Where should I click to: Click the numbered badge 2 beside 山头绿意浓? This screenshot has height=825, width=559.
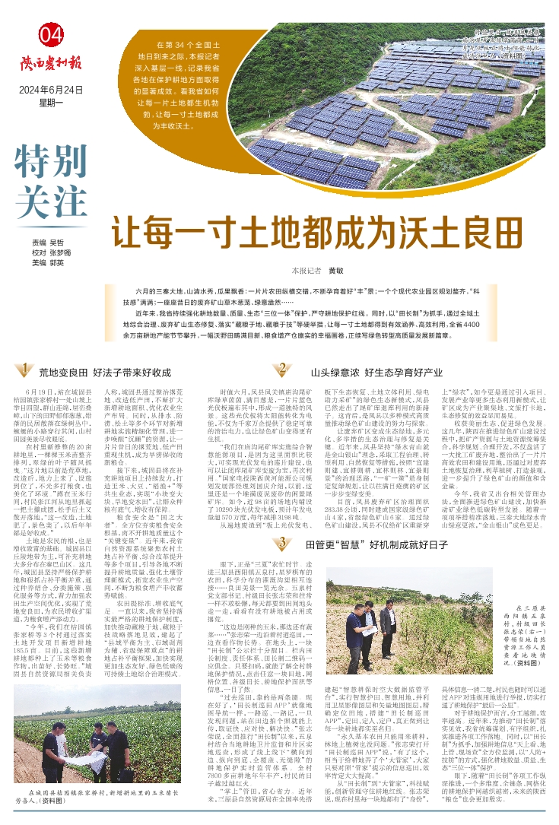coord(281,370)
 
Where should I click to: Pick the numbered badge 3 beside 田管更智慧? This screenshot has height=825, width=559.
coord(281,500)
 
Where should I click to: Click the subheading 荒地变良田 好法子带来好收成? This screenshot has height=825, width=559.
coord(106,373)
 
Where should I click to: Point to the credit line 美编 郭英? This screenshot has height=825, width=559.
coord(47,263)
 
